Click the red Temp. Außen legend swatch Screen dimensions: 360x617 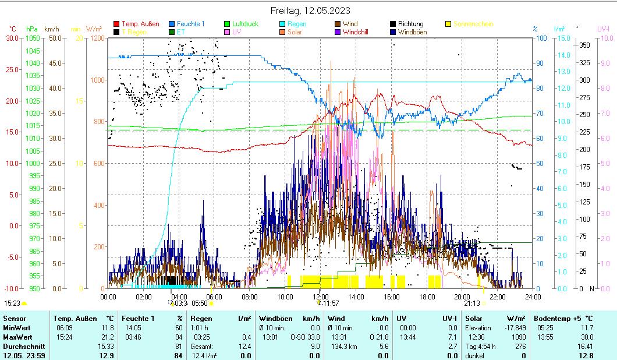point(117,24)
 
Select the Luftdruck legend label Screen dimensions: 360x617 point(245,24)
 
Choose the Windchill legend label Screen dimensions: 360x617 point(359,32)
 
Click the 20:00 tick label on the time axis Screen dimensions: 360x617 point(462,296)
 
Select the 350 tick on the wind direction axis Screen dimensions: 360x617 point(585,45)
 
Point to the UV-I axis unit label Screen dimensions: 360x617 point(603,29)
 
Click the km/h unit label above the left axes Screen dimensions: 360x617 point(52,29)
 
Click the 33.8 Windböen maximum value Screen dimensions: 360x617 point(313,337)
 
